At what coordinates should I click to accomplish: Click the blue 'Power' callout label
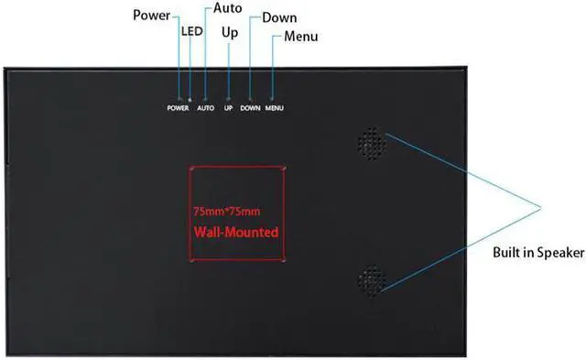point(151,16)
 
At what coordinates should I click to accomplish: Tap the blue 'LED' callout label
point(191,31)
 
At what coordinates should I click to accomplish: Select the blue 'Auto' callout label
point(228,8)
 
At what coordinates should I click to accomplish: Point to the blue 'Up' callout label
point(231,33)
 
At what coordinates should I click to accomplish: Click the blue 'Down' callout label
point(278,18)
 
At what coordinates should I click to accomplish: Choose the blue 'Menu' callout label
point(301,37)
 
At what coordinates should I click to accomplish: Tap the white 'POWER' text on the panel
point(178,108)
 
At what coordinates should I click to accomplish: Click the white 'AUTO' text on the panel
point(205,108)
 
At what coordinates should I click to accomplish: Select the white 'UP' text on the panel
point(229,108)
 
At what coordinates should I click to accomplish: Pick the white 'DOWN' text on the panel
point(251,108)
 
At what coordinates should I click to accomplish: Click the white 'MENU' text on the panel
point(275,108)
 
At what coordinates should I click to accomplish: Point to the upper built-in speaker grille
point(371,142)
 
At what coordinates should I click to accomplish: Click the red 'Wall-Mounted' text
point(235,233)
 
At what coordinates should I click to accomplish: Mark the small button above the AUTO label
point(205,98)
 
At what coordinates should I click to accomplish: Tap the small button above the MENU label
point(274,98)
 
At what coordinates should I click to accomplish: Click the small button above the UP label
point(229,98)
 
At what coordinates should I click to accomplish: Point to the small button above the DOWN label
point(250,98)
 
